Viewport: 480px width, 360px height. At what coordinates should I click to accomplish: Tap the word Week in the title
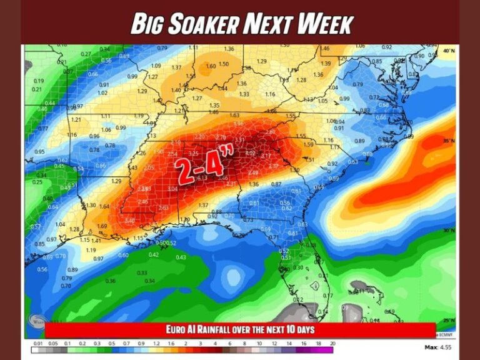(325, 24)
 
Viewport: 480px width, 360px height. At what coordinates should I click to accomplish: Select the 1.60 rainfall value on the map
(211, 66)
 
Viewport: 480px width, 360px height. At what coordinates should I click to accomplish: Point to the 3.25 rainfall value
(193, 153)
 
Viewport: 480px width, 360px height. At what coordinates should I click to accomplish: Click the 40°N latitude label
(448, 50)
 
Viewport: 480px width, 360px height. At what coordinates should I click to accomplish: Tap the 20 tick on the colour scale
(332, 344)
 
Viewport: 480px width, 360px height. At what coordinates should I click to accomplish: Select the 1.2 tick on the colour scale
(154, 344)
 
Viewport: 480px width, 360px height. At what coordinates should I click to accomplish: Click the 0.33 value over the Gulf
(142, 272)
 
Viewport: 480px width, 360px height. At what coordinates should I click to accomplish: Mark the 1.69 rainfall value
(102, 226)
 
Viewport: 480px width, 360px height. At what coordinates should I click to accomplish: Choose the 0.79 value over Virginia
(357, 84)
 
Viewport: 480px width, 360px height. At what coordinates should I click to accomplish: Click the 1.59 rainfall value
(308, 144)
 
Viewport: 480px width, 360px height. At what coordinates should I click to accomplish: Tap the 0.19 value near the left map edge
(39, 81)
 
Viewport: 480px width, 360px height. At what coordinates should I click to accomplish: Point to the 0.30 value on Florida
(298, 267)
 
